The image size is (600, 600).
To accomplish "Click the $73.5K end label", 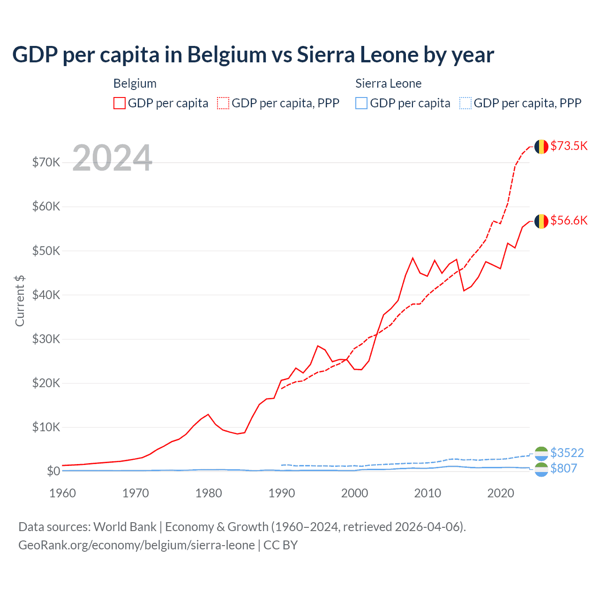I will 569,146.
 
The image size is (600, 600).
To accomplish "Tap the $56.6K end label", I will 569,220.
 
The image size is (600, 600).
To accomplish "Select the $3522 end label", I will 567,453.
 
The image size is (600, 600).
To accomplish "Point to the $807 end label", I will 563,468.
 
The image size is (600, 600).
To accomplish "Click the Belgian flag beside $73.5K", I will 541,147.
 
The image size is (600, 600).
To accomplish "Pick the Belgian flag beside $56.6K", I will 541,221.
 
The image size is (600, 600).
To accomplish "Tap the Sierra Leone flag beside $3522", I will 541,453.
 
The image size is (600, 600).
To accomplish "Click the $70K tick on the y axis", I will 46,163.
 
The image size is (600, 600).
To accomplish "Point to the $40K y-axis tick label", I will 46,295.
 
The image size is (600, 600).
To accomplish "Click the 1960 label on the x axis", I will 62,493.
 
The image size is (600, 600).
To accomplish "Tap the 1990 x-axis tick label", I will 281,493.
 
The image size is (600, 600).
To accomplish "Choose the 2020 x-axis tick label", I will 501,493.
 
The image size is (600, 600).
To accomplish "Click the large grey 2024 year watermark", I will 112,158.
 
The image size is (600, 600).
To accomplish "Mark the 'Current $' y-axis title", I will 20,301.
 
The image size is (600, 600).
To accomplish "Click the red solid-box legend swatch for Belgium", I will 120,103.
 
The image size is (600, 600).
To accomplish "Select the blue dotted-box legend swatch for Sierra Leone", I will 465,103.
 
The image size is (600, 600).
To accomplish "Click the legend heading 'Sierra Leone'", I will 388,83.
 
